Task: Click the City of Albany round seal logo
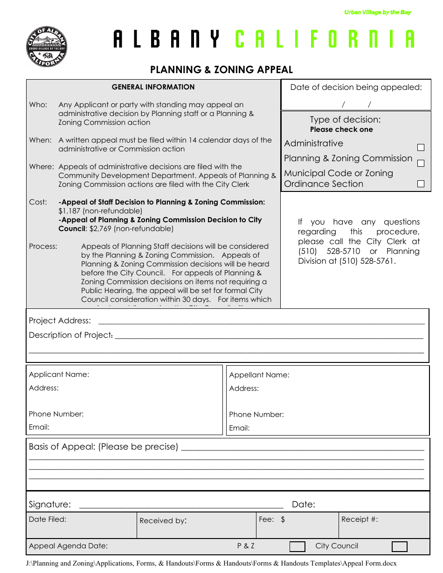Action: (x=46, y=47)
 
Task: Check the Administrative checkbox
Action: (x=421, y=147)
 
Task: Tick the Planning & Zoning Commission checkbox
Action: (x=421, y=163)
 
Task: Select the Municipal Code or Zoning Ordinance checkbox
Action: (x=421, y=184)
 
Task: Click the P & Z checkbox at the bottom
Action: (x=298, y=546)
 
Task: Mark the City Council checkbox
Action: (x=399, y=546)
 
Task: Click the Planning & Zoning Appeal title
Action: (x=221, y=70)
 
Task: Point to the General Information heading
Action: (x=153, y=87)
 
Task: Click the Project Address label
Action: (x=60, y=321)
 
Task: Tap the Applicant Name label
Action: (x=59, y=375)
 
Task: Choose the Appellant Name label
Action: (x=259, y=375)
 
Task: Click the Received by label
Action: (x=163, y=521)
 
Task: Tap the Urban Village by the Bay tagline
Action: (x=377, y=13)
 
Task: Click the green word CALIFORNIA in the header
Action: (x=325, y=40)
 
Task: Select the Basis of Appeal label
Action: (x=103, y=447)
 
